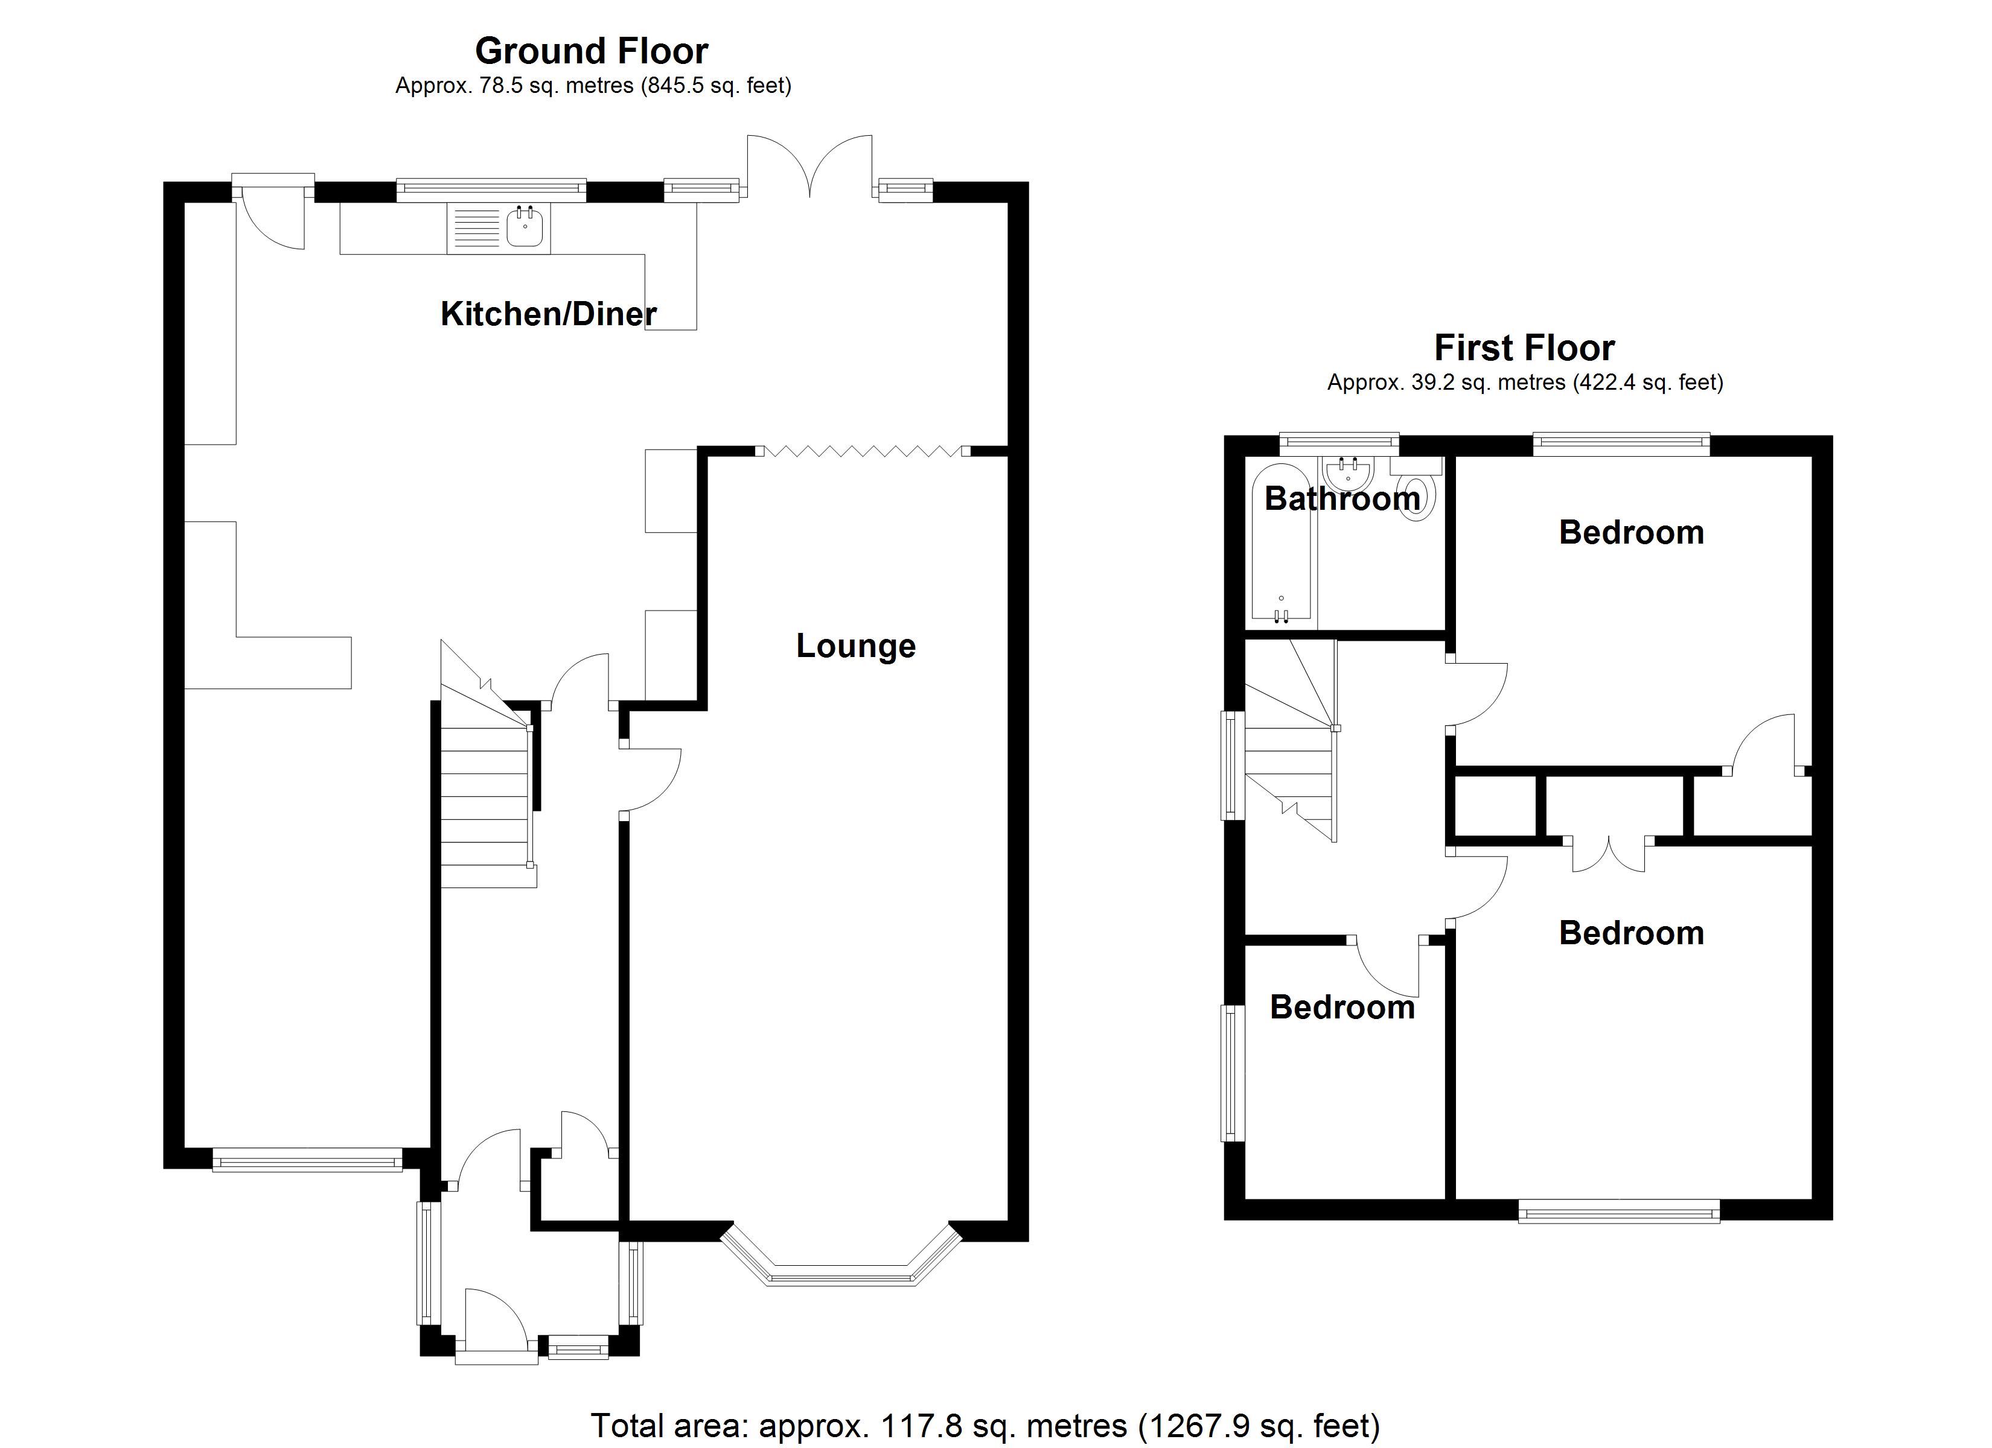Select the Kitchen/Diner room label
click(x=548, y=314)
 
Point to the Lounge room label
click(x=855, y=646)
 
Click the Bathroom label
click(x=1342, y=499)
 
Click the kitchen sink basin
click(x=525, y=227)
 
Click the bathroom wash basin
click(x=1348, y=475)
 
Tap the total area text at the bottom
click(x=985, y=1425)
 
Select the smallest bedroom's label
click(x=1342, y=1007)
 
